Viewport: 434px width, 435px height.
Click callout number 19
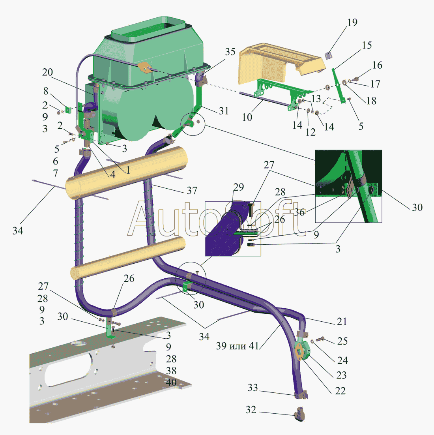pyautogui.click(x=352, y=22)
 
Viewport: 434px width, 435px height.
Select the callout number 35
pyautogui.click(x=230, y=52)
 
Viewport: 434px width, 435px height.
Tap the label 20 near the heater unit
pyautogui.click(x=47, y=72)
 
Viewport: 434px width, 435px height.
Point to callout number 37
pyautogui.click(x=192, y=191)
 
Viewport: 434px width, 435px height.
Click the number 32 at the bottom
pyautogui.click(x=251, y=410)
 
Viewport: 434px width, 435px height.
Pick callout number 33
pyautogui.click(x=253, y=388)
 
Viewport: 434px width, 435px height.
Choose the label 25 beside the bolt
pyautogui.click(x=342, y=341)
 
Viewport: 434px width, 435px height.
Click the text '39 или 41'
pyautogui.click(x=238, y=346)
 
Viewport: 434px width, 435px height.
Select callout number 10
pyautogui.click(x=247, y=117)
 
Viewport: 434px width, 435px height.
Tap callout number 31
pyautogui.click(x=224, y=111)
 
